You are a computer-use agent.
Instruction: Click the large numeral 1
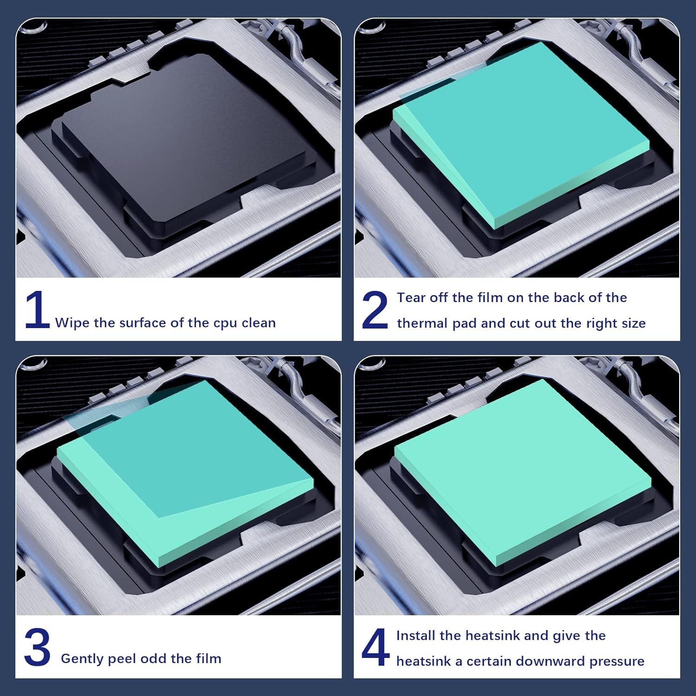pos(37,310)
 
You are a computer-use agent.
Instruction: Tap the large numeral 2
pos(375,310)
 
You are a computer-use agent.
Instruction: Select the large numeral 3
pos(37,647)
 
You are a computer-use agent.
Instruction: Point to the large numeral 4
pos(375,647)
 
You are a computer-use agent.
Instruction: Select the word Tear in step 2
pos(412,297)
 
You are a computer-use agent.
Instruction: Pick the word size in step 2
pos(633,323)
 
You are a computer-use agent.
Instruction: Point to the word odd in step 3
pos(154,658)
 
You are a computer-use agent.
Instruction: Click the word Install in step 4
pos(416,635)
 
